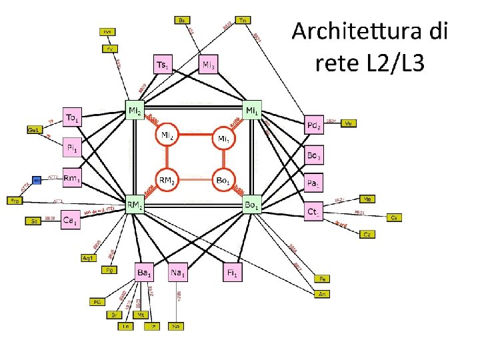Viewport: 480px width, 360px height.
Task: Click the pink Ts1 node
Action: [x=163, y=64]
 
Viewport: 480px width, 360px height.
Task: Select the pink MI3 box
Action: [x=209, y=64]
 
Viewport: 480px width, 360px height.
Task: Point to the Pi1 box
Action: [x=73, y=145]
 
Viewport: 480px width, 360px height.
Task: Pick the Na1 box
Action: [x=177, y=272]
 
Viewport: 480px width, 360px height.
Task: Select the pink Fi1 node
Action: [x=232, y=272]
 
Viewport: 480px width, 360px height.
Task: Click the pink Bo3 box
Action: [x=313, y=156]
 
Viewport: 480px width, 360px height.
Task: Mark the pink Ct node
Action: [x=313, y=212]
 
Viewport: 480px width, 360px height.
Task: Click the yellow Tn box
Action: [x=243, y=20]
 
